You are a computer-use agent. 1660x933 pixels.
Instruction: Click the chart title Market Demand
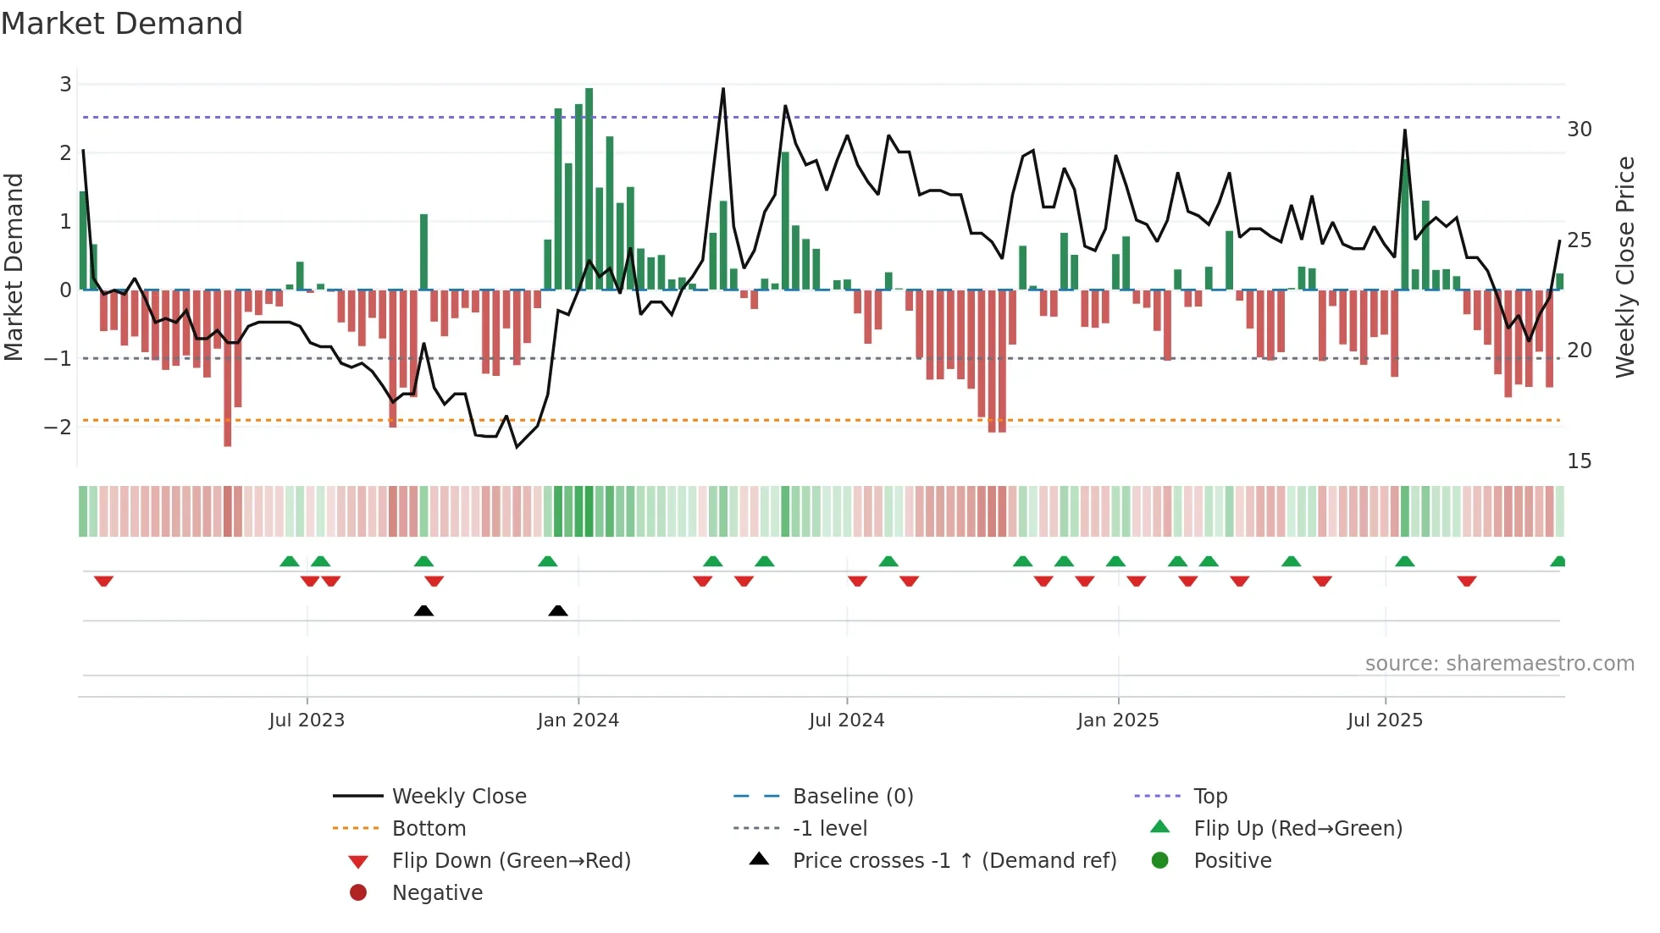(122, 24)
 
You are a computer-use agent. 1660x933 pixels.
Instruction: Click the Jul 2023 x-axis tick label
(307, 720)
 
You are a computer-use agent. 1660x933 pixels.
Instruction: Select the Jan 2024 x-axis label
(578, 720)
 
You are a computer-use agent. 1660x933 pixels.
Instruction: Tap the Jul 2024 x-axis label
(846, 720)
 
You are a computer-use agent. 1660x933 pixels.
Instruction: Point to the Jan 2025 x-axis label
(1117, 720)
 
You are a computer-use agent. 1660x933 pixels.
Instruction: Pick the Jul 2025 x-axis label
(1385, 720)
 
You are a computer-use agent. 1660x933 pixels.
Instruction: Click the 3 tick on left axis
(65, 85)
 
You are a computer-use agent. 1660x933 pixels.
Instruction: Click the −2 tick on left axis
(58, 427)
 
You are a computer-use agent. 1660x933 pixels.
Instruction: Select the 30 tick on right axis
(1579, 130)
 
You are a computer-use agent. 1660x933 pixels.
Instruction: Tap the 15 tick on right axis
(1579, 461)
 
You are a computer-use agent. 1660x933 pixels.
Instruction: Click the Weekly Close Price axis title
(1624, 267)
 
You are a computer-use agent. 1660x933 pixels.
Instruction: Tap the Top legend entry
(1209, 796)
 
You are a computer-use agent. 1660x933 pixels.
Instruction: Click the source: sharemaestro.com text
(1499, 663)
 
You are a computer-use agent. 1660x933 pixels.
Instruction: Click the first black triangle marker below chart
(423, 610)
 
